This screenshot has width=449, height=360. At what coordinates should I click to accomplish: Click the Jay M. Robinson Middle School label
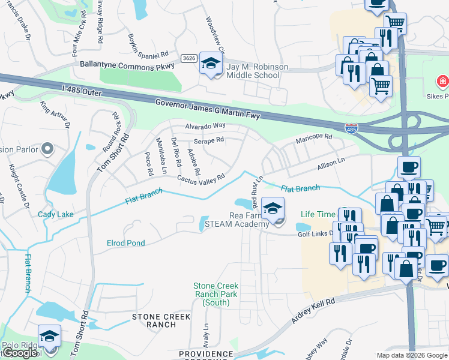click(254, 71)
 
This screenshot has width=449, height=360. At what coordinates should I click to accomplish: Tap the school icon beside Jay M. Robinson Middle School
click(211, 63)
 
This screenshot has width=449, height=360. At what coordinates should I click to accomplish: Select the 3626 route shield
click(190, 58)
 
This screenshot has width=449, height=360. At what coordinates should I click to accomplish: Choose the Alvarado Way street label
click(205, 126)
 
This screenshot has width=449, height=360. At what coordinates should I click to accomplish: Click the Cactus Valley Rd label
click(200, 178)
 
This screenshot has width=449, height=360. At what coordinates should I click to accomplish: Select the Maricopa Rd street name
click(313, 139)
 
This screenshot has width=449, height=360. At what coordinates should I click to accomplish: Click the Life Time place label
click(318, 214)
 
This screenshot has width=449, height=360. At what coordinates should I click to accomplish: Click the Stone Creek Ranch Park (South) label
click(215, 294)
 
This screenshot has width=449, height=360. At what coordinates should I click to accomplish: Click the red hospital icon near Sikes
click(442, 80)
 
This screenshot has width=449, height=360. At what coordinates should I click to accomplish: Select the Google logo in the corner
click(20, 353)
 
